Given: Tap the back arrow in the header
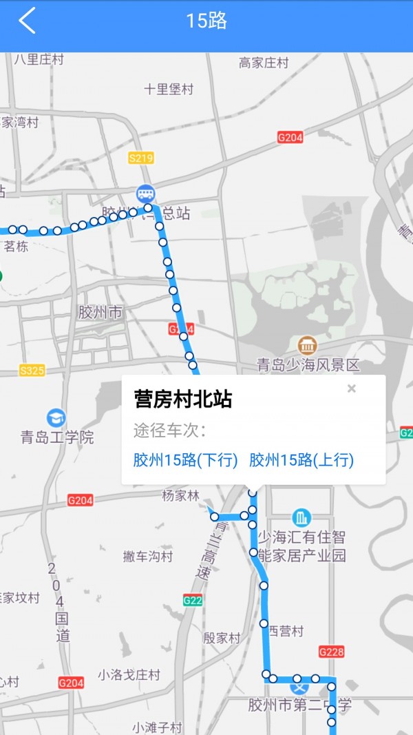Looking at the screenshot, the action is pyautogui.click(x=27, y=21).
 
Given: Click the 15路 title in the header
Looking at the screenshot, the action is pyautogui.click(x=206, y=21).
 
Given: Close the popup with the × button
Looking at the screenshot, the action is pyautogui.click(x=352, y=389).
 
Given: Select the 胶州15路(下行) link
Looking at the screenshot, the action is pyautogui.click(x=185, y=460).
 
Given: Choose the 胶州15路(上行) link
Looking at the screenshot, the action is pyautogui.click(x=301, y=460).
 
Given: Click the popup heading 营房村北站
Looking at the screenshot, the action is pyautogui.click(x=182, y=400).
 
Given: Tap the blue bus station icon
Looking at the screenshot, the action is pyautogui.click(x=145, y=193).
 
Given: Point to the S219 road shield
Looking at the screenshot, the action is pyautogui.click(x=140, y=158).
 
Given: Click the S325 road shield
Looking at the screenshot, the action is pyautogui.click(x=32, y=371).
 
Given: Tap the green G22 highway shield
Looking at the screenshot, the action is pyautogui.click(x=193, y=601).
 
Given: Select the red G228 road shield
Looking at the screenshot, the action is pyautogui.click(x=331, y=651).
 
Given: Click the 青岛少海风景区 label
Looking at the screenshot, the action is pyautogui.click(x=308, y=365).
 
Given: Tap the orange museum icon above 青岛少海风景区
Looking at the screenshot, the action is pyautogui.click(x=307, y=344).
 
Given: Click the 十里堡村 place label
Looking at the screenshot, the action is pyautogui.click(x=169, y=89).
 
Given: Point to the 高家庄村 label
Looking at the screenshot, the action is pyautogui.click(x=264, y=63).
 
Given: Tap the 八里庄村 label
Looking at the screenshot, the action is pyautogui.click(x=39, y=59).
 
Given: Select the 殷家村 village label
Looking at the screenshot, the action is pyautogui.click(x=222, y=638).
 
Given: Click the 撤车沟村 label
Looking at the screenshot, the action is pyautogui.click(x=148, y=556).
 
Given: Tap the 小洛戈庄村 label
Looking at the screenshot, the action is pyautogui.click(x=129, y=674).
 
